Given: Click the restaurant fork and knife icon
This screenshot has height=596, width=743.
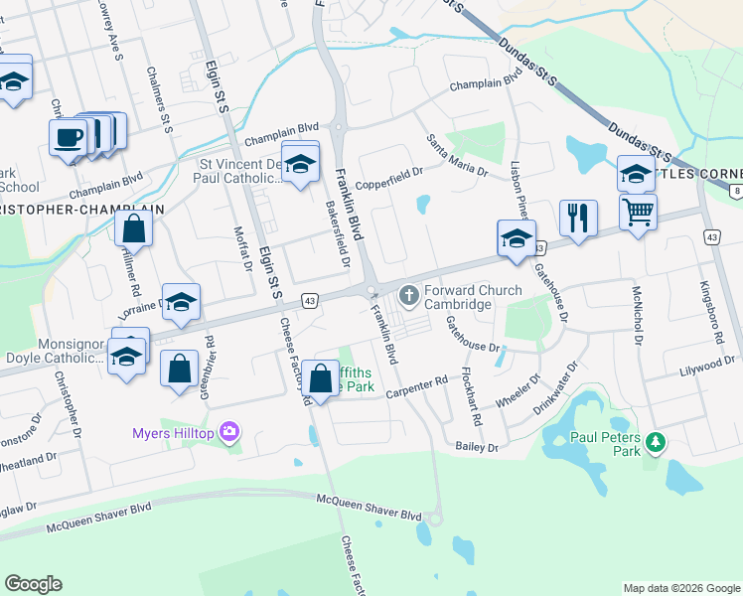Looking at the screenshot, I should [x=577, y=217].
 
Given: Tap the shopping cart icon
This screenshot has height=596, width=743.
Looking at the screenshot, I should [x=637, y=211].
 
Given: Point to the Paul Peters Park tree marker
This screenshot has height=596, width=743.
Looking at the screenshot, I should [x=654, y=441].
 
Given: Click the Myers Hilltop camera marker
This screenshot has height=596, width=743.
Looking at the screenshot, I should [x=230, y=431].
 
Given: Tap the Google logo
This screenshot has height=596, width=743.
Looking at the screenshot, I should [x=34, y=583].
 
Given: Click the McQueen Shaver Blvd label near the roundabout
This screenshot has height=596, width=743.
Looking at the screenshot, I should [x=370, y=515].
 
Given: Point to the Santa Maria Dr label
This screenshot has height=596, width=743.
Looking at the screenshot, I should [x=457, y=157].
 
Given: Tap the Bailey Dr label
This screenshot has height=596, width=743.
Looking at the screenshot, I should [x=477, y=448].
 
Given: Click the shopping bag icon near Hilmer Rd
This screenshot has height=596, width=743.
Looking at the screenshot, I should [x=133, y=227].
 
